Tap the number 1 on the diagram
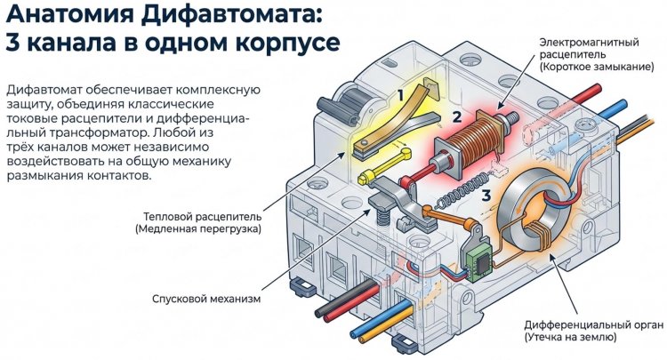click(x=401, y=93)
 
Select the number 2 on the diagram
click(x=456, y=116)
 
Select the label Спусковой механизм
click(x=205, y=299)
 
